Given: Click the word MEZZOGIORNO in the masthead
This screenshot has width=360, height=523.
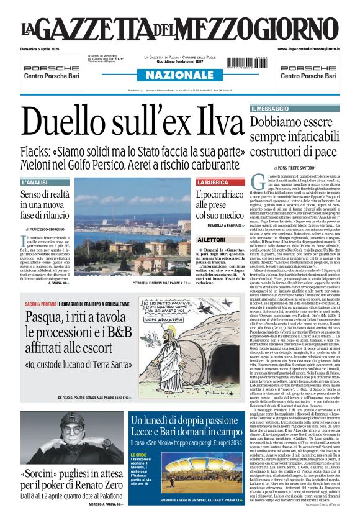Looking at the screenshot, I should (267, 29).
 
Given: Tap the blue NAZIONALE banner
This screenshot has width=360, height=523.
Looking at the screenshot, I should (179, 75).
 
